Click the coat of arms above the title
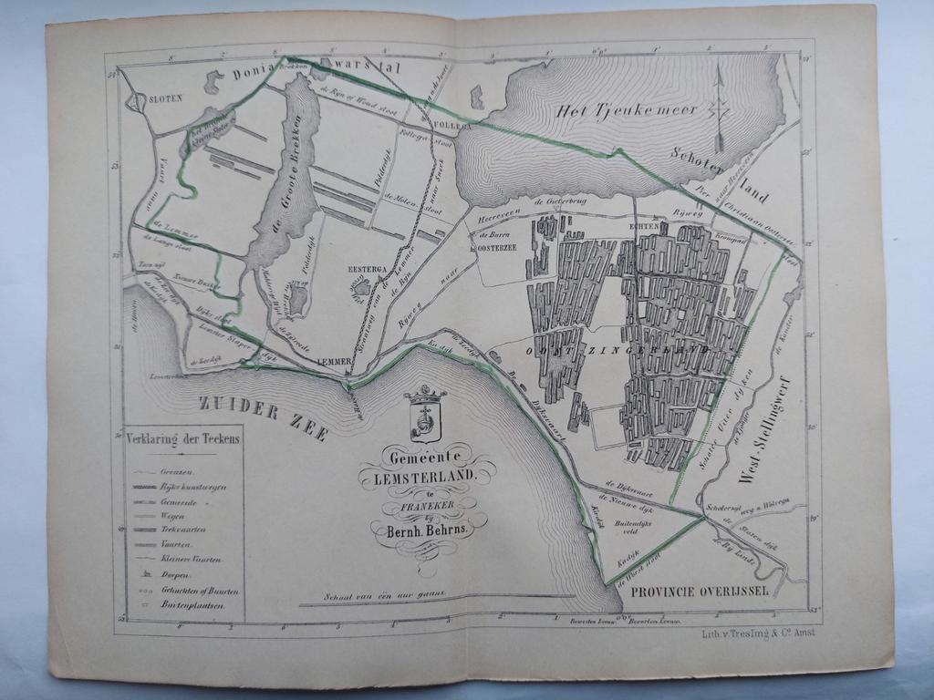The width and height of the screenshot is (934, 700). [424, 414]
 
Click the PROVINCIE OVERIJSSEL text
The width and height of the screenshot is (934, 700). [698, 591]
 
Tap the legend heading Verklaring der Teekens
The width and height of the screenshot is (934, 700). [184, 438]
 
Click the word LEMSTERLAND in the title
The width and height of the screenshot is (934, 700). [427, 476]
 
